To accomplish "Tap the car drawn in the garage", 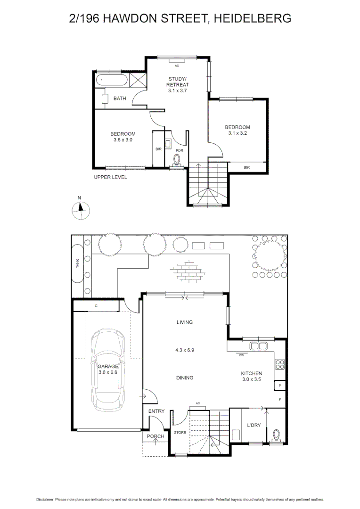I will [x=108, y=370].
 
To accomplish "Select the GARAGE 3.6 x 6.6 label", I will [x=108, y=369].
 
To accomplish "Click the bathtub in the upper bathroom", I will [x=112, y=80].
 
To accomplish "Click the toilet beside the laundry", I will [x=277, y=435].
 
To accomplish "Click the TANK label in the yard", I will [x=78, y=264].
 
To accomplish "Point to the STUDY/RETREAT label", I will [x=178, y=84].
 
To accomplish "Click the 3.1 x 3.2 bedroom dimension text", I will [x=237, y=133].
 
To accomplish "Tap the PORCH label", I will [x=155, y=436].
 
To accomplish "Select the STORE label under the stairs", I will [x=180, y=432].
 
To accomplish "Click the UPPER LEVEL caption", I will [x=110, y=178].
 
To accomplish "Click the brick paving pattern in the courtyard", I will [x=192, y=271].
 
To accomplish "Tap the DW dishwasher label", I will [x=241, y=355].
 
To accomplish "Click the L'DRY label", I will [x=254, y=426].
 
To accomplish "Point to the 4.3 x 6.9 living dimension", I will [x=185, y=350].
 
